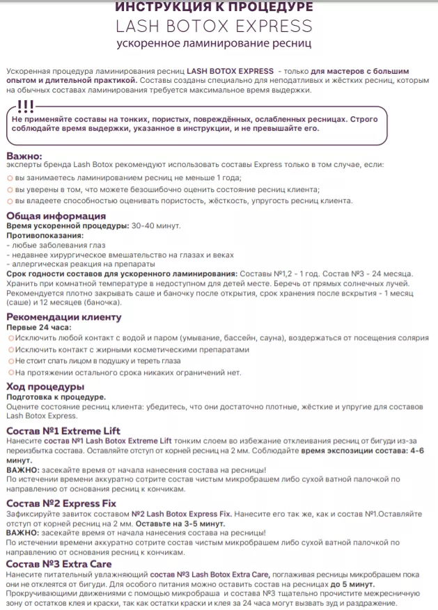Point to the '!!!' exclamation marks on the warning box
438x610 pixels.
(25, 107)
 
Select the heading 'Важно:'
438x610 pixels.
(24, 156)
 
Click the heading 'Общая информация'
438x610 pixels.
(56, 216)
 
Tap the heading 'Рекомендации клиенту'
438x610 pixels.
(63, 316)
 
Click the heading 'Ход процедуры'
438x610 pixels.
(45, 387)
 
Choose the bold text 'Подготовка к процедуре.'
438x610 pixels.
(56, 396)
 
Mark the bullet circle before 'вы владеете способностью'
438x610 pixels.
(10, 201)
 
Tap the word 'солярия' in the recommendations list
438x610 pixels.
(411, 338)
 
